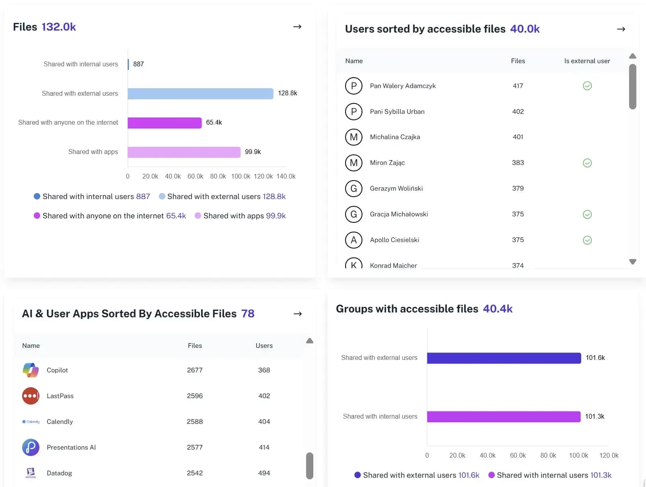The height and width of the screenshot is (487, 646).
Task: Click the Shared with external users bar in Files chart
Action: [x=200, y=94]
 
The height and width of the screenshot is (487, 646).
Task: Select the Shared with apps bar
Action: [x=184, y=152]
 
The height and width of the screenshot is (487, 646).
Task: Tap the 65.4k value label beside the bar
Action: [x=214, y=123]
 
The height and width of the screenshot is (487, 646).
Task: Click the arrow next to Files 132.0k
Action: [x=297, y=27]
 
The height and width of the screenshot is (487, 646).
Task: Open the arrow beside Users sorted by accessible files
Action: [x=621, y=29]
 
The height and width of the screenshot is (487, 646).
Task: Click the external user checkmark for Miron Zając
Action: [x=587, y=163]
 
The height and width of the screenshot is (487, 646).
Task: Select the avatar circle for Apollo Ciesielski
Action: [x=354, y=240]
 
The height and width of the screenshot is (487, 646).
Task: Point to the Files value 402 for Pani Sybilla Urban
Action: [x=518, y=111]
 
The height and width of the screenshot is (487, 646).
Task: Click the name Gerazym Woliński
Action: [x=396, y=188]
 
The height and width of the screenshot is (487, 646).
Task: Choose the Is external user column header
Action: [x=586, y=61]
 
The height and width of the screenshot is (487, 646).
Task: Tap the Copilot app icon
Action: [x=31, y=370]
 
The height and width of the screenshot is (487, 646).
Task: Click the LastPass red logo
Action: [x=31, y=396]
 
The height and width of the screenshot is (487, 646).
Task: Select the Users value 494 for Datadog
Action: [x=264, y=473]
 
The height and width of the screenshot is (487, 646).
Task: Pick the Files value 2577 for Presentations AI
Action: [x=195, y=447]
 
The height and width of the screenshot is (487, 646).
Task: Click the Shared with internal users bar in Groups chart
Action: [x=503, y=417]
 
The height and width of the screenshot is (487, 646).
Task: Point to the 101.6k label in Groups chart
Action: [x=595, y=358]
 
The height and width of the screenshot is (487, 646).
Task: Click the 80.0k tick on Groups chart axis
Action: [x=548, y=455]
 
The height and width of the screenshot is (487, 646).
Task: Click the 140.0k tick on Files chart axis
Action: [x=286, y=176]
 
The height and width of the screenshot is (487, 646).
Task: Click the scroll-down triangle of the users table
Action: [x=632, y=262]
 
